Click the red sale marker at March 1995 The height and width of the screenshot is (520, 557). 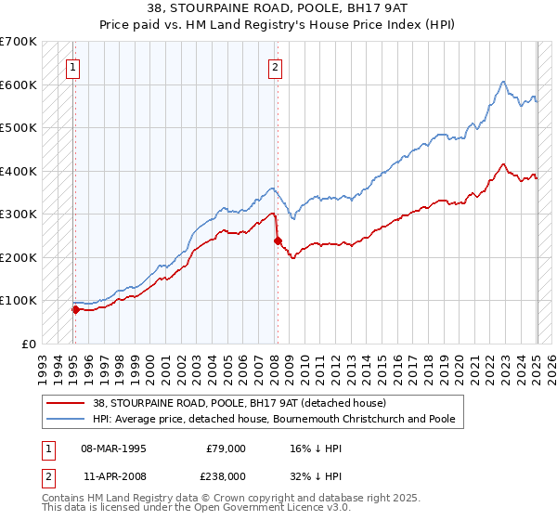[x=75, y=309]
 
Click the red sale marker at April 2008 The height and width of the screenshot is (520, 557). [x=278, y=241]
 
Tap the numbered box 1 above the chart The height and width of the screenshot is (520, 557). [x=72, y=66]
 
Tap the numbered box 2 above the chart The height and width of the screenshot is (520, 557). [x=276, y=66]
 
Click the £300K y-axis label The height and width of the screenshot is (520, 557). [x=19, y=214]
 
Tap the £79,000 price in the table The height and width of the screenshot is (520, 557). [x=225, y=448]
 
